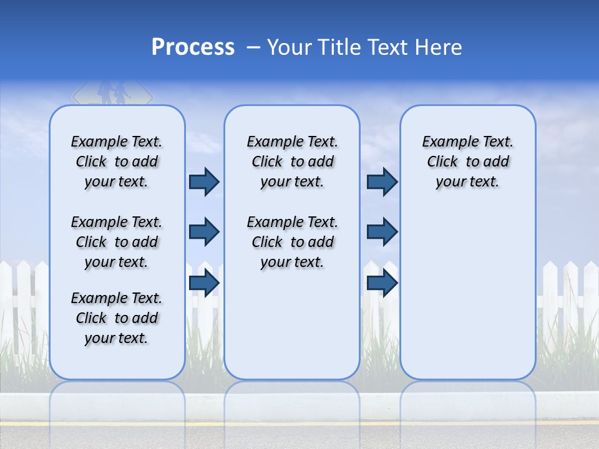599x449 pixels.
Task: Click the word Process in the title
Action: (x=193, y=47)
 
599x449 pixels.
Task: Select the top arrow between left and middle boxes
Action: (x=204, y=182)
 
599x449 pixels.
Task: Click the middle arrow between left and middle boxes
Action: (x=204, y=232)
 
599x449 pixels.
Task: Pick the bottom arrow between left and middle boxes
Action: (x=204, y=283)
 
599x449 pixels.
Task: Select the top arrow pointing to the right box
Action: (x=382, y=182)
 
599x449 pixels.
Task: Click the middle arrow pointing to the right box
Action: (x=382, y=232)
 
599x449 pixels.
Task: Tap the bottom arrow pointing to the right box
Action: (x=382, y=283)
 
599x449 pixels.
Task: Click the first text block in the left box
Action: (x=117, y=162)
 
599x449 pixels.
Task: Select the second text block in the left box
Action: (x=117, y=242)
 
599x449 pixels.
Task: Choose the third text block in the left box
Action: (x=117, y=318)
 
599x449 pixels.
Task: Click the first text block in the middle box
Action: (x=292, y=162)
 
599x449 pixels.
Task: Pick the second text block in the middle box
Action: (x=292, y=242)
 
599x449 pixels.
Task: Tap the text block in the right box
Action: (x=467, y=162)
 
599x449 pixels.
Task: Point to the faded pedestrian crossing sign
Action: (x=112, y=94)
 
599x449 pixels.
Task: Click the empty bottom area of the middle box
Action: (x=292, y=331)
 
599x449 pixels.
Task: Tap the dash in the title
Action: (x=254, y=47)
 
